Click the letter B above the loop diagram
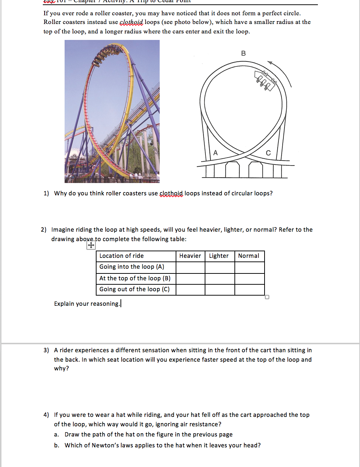(x=243, y=53)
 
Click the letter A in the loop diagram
(x=215, y=153)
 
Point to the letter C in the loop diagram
(x=268, y=153)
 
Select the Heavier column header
(x=190, y=256)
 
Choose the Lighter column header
(x=219, y=256)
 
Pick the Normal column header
(x=249, y=256)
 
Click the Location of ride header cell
(x=122, y=256)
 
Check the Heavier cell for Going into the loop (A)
(x=190, y=267)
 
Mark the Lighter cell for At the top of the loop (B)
(x=220, y=279)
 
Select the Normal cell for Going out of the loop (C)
(x=249, y=290)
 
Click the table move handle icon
(x=91, y=245)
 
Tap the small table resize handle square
(x=267, y=297)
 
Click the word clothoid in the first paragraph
(x=131, y=22)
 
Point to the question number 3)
(x=46, y=350)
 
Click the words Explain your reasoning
(x=87, y=304)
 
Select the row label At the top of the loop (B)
(x=135, y=279)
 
